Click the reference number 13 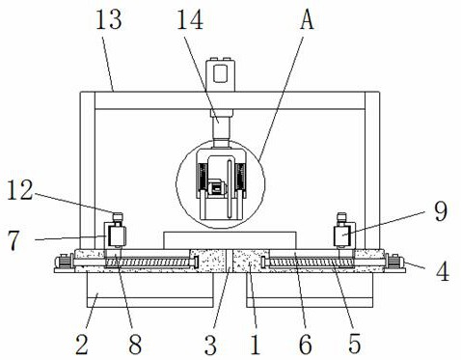coord(109,20)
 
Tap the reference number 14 coord(190,20)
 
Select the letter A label coord(307,20)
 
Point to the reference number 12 coord(20,190)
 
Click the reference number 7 coord(14,240)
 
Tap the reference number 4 coord(443,271)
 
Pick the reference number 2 coord(82,344)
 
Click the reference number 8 coord(135,344)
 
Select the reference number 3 coord(210,344)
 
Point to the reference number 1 coord(256,344)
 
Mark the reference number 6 coord(305,344)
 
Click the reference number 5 coord(355,344)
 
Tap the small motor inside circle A coord(216,188)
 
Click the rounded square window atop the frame coord(221,73)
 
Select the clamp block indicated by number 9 coord(343,235)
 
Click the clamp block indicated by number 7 coord(116,235)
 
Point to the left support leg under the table coord(149,290)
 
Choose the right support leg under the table coord(310,290)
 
